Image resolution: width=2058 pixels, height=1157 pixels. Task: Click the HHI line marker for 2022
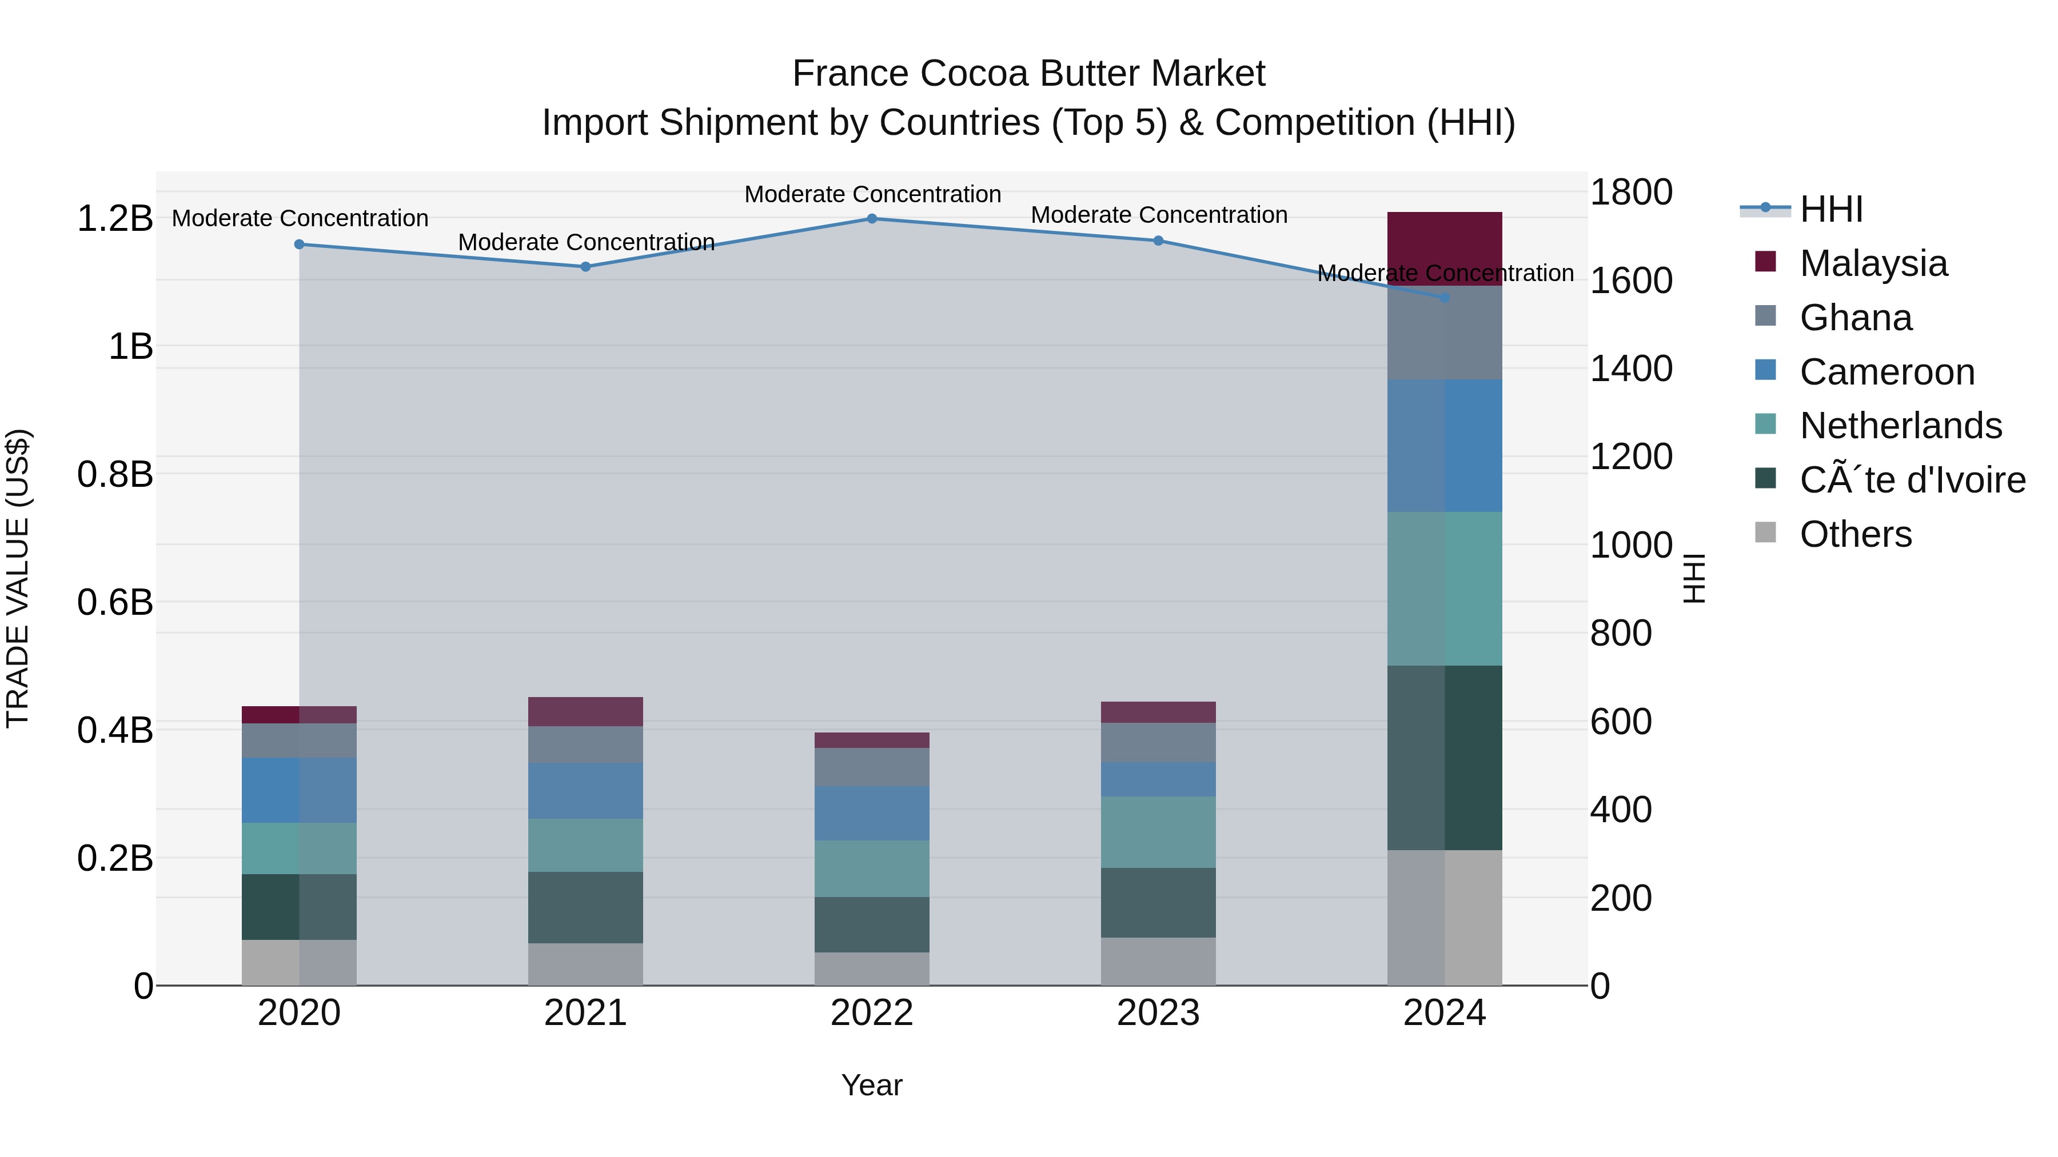tap(872, 218)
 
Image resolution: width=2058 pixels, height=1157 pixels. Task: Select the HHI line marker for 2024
tap(1445, 297)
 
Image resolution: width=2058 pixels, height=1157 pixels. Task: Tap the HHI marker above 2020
tap(299, 245)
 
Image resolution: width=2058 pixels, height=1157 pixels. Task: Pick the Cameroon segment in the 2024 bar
tap(1445, 446)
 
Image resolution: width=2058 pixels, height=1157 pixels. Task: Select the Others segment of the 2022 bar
tap(872, 968)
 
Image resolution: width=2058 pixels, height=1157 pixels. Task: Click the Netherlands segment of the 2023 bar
tap(1158, 831)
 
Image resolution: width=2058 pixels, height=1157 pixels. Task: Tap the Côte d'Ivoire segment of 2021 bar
tap(585, 907)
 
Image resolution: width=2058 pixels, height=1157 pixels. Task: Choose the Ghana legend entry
tap(1855, 318)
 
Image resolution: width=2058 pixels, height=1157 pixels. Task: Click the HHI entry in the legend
tap(1830, 209)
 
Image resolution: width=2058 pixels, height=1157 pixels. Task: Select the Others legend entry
tap(1855, 534)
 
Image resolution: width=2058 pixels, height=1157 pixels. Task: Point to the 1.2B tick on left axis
tap(115, 219)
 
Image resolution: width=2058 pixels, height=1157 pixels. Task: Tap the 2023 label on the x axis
tap(1158, 1013)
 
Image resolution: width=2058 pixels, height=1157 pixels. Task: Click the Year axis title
tap(872, 1085)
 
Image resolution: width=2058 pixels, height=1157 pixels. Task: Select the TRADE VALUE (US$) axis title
tap(18, 578)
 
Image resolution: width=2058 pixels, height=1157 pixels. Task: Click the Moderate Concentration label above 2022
tap(872, 194)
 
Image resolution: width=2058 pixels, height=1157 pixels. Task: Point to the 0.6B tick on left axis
tap(115, 602)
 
